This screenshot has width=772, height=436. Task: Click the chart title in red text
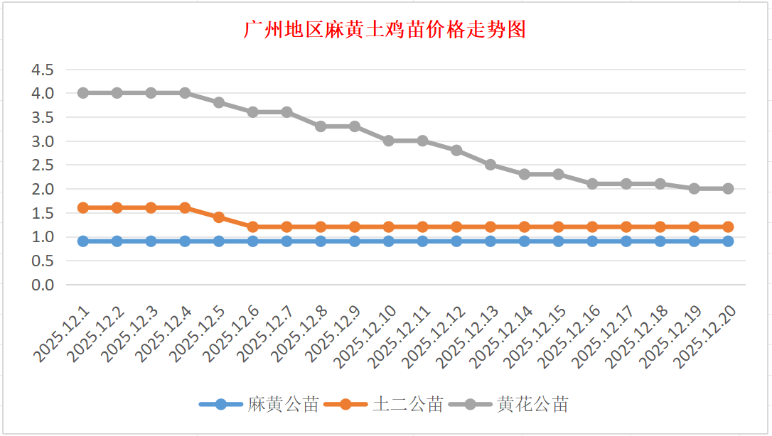[x=385, y=30]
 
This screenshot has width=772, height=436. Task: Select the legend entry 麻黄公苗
[x=283, y=405]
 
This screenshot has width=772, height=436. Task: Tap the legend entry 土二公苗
[x=408, y=405]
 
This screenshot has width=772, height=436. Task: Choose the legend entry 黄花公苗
[x=532, y=405]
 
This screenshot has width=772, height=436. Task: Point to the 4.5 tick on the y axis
[x=41, y=70]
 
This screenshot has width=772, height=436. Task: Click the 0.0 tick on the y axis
[x=41, y=285]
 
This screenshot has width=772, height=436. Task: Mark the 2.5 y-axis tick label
[x=41, y=165]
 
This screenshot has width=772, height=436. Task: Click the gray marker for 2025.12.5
[x=219, y=102]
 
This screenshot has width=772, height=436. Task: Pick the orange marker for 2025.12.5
[x=219, y=217]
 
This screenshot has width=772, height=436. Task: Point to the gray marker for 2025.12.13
[x=490, y=165]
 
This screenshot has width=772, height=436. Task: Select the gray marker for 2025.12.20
[x=728, y=189]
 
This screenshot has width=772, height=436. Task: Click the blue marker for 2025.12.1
[x=83, y=241]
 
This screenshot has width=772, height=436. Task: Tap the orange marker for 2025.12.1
[x=83, y=208]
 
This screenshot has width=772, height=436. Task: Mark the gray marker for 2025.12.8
[x=321, y=126]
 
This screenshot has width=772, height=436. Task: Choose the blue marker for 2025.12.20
[x=728, y=241]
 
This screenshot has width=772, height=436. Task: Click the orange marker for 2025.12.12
[x=456, y=227]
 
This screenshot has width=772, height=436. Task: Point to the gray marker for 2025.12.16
[x=592, y=184]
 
